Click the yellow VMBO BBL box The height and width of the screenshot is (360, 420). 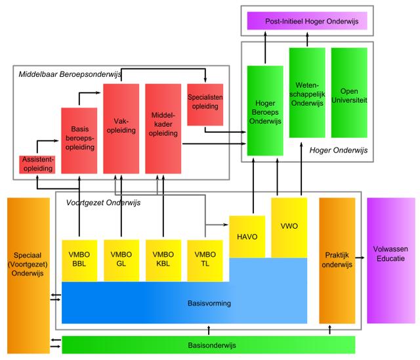[79, 258]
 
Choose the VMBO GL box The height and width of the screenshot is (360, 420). [121, 258]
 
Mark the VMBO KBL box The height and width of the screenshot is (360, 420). [163, 258]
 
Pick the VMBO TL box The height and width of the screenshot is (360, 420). [205, 258]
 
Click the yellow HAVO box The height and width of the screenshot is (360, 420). [247, 236]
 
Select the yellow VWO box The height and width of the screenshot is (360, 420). [289, 227]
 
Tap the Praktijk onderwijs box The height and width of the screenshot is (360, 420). [337, 259]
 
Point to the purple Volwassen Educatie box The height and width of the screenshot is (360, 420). [390, 259]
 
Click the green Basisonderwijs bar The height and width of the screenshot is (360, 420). [208, 344]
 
